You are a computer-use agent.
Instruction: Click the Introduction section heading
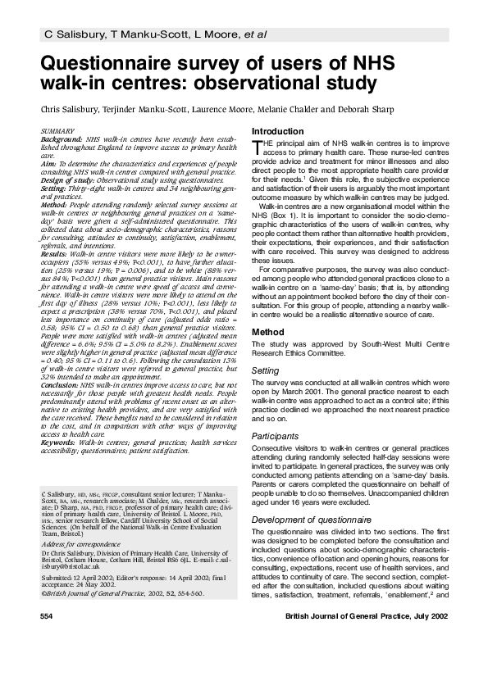tap(278, 132)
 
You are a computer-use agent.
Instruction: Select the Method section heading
tap(267, 331)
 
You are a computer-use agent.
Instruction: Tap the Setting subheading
tap(265, 370)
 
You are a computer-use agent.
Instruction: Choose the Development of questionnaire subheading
tap(311, 497)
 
